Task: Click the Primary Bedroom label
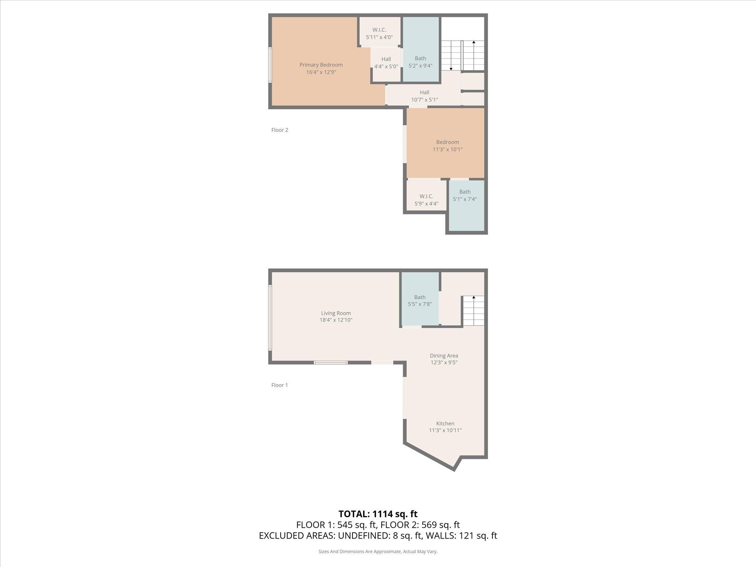tap(321, 65)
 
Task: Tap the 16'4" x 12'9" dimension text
tap(321, 72)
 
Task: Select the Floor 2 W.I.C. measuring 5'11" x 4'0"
tap(379, 34)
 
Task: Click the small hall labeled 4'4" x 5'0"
tap(386, 63)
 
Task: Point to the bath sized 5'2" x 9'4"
tap(420, 62)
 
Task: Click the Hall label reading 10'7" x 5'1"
tap(425, 96)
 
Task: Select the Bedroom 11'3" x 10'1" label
tap(447, 146)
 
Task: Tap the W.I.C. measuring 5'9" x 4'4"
tap(426, 200)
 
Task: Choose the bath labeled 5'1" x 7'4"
tap(465, 196)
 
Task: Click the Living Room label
tap(336, 313)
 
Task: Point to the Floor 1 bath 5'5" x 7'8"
tap(420, 301)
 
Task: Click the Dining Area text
tap(444, 356)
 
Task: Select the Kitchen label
tap(445, 423)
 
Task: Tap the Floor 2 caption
tap(279, 130)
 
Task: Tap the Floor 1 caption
tap(279, 385)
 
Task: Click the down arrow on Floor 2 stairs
tap(451, 68)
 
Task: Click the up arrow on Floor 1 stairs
tap(474, 298)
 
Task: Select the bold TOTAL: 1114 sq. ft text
tap(378, 514)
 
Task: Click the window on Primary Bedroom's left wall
tap(270, 65)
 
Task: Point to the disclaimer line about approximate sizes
tap(378, 551)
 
